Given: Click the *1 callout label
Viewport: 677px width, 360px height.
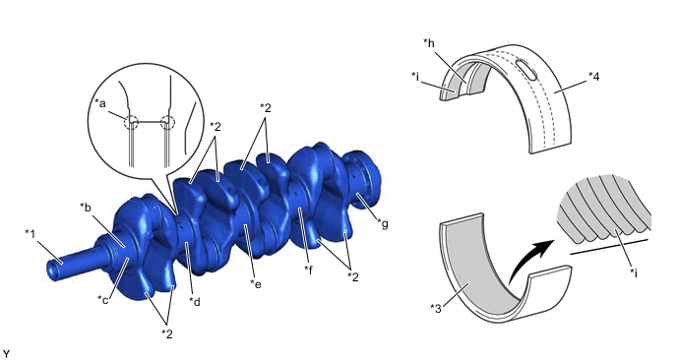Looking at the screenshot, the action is click(x=31, y=234).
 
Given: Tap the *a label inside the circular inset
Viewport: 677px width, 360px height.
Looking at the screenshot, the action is click(x=100, y=103).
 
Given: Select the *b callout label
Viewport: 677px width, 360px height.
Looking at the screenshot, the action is click(x=86, y=208).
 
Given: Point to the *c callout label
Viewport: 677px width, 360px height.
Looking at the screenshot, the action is click(x=102, y=299).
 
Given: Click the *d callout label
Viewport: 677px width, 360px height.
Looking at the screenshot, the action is click(x=195, y=301).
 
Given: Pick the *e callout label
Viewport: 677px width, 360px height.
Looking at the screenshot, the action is click(x=256, y=284).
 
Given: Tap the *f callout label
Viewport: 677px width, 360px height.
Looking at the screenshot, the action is click(x=308, y=270).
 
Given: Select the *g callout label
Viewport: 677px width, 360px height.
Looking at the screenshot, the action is click(x=383, y=224).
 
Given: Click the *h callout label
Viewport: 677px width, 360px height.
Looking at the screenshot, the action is click(x=429, y=42).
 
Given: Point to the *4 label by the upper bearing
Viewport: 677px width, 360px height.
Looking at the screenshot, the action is click(x=594, y=77).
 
